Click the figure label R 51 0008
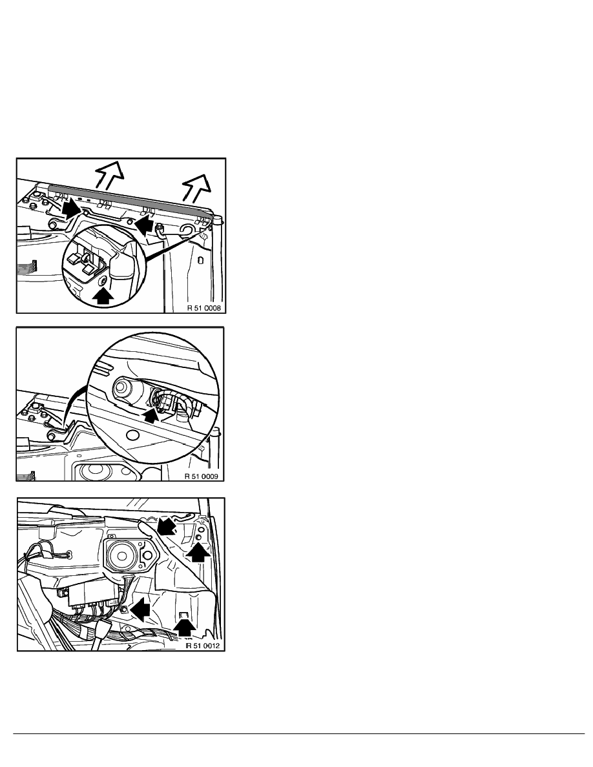point(204,308)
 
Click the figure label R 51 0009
point(201,476)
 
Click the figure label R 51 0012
point(203,646)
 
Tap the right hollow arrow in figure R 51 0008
point(196,187)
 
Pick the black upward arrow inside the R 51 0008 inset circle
point(103,296)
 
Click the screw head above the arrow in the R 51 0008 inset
point(103,281)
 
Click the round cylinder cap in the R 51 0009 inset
point(122,389)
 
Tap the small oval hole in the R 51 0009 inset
point(133,435)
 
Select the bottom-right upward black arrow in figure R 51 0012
point(185,628)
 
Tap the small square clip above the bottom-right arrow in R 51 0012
point(185,615)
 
